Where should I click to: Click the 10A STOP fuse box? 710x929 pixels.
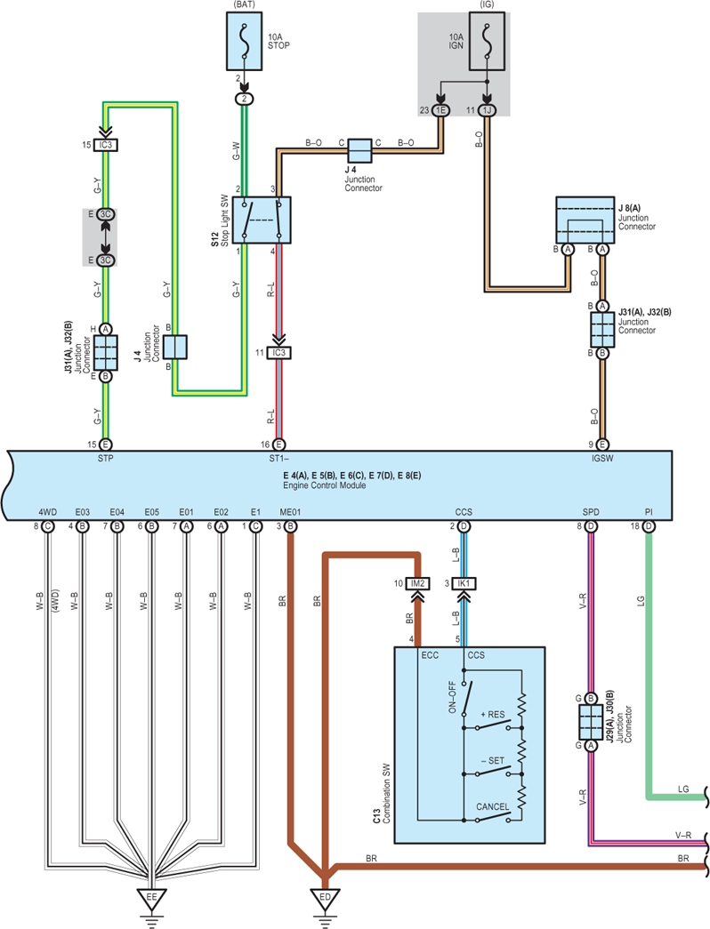tap(244, 42)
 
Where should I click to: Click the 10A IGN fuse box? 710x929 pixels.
tap(487, 41)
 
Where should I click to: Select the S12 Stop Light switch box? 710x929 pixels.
tap(262, 220)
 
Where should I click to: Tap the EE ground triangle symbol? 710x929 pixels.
tap(151, 898)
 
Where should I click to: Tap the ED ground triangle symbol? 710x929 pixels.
tap(325, 898)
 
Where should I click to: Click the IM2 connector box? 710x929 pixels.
tap(417, 583)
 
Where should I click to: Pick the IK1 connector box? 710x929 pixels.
tap(464, 583)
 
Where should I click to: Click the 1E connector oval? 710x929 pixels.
tap(440, 110)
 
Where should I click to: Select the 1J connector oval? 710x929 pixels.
tap(487, 110)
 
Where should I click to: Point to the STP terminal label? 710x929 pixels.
tap(106, 458)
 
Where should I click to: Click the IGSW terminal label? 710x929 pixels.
tap(602, 458)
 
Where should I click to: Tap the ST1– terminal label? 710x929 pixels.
tap(278, 458)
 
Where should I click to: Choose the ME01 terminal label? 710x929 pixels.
tap(290, 512)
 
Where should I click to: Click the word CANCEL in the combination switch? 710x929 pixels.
tap(492, 807)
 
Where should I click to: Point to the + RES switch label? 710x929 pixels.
tap(493, 715)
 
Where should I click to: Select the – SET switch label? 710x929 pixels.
tap(493, 761)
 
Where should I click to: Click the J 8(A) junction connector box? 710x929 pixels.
tap(585, 220)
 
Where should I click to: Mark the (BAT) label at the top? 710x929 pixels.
tap(244, 4)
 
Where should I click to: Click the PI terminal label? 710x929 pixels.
tap(649, 512)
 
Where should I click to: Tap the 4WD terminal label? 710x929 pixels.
tap(47, 512)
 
